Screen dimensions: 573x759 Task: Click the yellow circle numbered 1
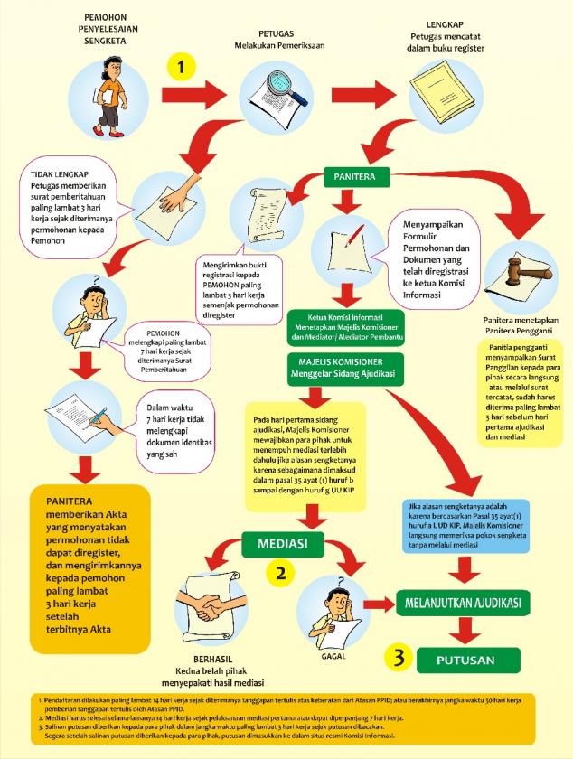click(x=181, y=66)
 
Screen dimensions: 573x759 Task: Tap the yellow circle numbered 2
click(x=280, y=573)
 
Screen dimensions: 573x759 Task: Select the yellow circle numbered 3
click(x=399, y=659)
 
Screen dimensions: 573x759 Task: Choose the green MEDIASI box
click(x=282, y=543)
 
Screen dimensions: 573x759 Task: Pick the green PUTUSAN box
click(x=468, y=661)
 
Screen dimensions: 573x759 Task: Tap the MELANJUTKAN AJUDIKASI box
click(x=463, y=604)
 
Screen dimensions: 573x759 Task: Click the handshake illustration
click(x=208, y=604)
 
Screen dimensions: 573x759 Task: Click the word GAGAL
click(x=333, y=656)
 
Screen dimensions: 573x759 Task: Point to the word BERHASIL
click(x=212, y=660)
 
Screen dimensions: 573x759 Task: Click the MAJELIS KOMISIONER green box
click(x=345, y=368)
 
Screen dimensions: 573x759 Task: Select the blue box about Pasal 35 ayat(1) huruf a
click(x=465, y=526)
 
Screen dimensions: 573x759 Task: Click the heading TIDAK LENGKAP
click(x=60, y=174)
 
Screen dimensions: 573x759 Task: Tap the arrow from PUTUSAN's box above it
click(x=467, y=630)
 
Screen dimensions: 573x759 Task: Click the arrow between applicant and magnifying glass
click(x=191, y=95)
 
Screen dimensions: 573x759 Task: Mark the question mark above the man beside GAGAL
click(x=342, y=581)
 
